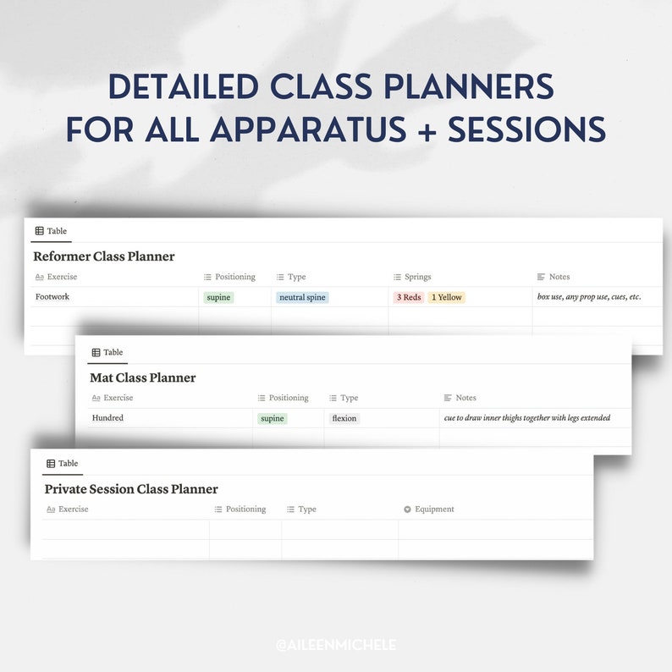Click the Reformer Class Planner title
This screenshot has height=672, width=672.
tap(103, 256)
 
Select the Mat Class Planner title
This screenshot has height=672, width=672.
tap(142, 378)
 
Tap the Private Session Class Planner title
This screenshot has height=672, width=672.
tap(131, 489)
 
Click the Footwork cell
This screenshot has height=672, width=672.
tap(52, 297)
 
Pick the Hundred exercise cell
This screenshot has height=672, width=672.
tap(107, 418)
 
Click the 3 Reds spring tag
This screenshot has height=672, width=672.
tap(409, 298)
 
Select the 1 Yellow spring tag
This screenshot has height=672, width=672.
tap(446, 298)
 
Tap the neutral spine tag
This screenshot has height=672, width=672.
tap(302, 298)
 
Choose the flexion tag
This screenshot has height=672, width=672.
tap(344, 419)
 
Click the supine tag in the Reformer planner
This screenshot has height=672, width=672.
tap(218, 298)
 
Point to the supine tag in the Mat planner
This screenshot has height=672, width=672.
tap(273, 419)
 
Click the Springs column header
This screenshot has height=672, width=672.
tap(417, 277)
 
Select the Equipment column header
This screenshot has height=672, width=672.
tap(434, 510)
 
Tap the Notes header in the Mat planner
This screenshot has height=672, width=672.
tap(465, 398)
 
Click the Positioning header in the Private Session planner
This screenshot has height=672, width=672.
tap(245, 510)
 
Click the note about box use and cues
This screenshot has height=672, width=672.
tap(589, 297)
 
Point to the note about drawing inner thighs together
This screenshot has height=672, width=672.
tap(526, 418)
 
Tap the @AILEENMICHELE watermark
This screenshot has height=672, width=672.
tap(336, 645)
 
